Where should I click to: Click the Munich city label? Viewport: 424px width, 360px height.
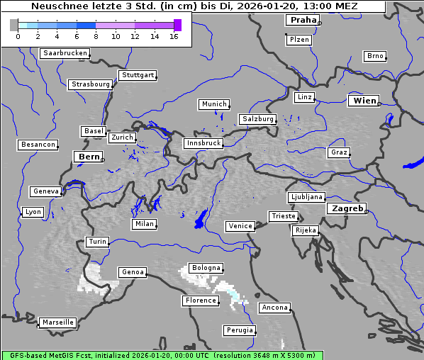214,104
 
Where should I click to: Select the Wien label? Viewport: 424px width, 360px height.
364,101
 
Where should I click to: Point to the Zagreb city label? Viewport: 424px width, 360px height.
347,208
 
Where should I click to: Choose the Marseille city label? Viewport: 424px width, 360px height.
58,322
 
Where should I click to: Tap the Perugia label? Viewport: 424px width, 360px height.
239,330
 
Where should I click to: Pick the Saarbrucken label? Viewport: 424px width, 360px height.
65,53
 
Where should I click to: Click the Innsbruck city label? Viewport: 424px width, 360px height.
203,143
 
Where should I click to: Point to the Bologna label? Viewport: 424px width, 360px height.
206,268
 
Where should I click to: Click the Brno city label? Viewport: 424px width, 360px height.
375,56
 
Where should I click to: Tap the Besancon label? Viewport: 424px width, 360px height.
38,145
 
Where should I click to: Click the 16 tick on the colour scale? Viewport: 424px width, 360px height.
174,35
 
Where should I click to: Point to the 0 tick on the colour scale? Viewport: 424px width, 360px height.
18,35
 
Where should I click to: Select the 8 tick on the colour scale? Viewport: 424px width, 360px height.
96,35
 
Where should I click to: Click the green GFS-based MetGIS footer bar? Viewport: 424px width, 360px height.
162,355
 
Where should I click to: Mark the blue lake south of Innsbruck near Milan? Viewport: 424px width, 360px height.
201,219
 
